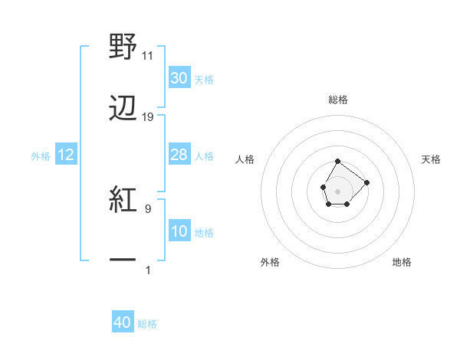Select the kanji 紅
point(123,200)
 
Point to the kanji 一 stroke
point(123,260)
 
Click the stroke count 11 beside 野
point(148,56)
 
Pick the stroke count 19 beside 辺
point(148,117)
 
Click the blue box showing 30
point(179,78)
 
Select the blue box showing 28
point(179,155)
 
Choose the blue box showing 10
point(179,231)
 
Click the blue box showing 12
point(66,155)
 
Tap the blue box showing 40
point(123,322)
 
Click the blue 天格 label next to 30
point(204,79)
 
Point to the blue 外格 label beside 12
point(41,155)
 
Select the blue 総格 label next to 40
point(147,324)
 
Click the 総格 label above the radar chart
point(338,100)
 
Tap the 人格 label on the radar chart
point(245,159)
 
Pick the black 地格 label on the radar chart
point(402,262)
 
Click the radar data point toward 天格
point(366,182)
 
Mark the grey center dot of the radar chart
point(337,190)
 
